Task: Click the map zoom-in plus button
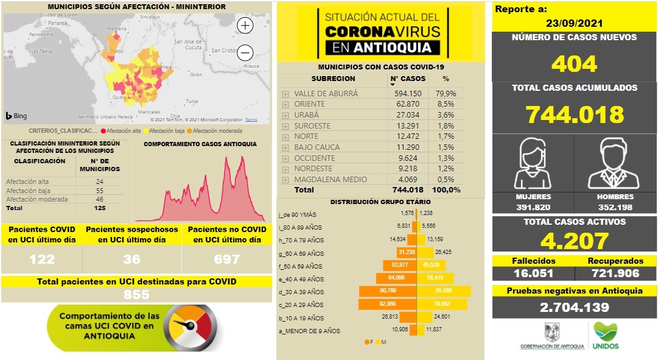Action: [245, 25]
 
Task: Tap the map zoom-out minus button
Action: [245, 52]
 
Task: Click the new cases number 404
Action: [574, 64]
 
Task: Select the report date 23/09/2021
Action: [574, 24]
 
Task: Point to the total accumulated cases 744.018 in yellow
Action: [575, 115]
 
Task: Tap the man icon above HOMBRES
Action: [615, 163]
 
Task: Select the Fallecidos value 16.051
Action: [533, 273]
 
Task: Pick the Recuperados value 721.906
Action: [615, 273]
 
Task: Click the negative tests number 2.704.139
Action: [574, 307]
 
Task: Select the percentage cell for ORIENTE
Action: [445, 104]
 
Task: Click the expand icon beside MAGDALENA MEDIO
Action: [285, 180]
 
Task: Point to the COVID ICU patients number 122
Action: [41, 259]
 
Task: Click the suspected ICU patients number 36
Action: [131, 259]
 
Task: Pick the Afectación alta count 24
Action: [99, 182]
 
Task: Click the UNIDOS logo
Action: [605, 336]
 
